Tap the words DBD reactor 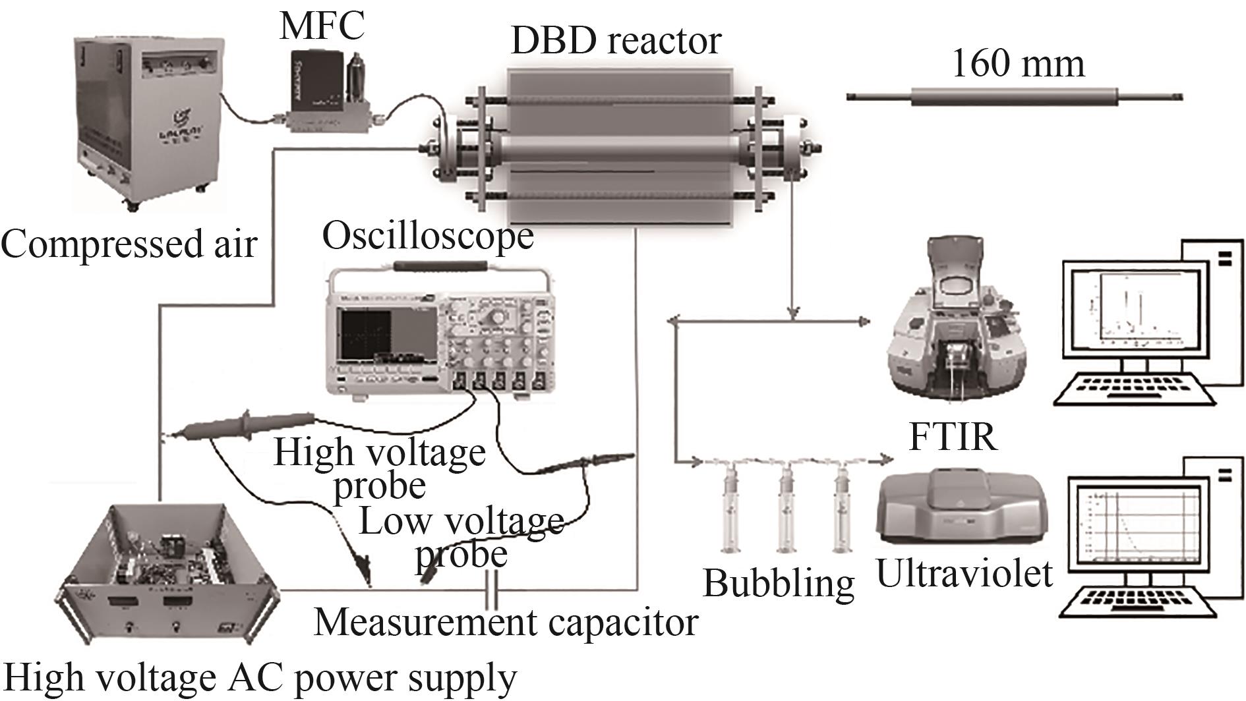[x=615, y=40]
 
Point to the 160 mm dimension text [x=1017, y=65]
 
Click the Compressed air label [x=128, y=244]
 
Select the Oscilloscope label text [x=427, y=237]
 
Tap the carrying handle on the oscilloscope [x=440, y=267]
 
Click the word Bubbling [x=778, y=582]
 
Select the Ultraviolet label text [x=964, y=573]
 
